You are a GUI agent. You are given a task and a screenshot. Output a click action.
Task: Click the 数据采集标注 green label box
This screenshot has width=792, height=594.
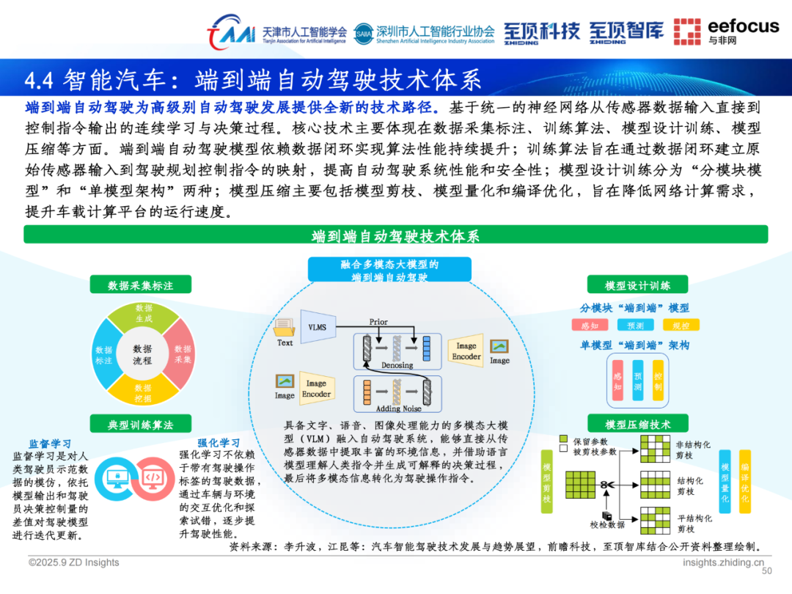(140, 285)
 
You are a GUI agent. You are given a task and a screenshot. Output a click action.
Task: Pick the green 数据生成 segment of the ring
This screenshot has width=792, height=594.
(144, 313)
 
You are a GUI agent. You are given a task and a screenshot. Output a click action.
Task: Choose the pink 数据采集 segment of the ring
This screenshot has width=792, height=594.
(183, 354)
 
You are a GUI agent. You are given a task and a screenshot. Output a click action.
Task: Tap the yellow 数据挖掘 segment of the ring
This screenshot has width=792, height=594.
(143, 393)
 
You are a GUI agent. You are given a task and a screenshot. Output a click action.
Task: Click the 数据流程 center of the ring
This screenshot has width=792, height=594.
(142, 355)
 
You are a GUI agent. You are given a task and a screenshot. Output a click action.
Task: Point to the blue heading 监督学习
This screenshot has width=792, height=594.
(50, 444)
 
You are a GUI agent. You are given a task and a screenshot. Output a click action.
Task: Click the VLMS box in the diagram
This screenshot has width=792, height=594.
(318, 327)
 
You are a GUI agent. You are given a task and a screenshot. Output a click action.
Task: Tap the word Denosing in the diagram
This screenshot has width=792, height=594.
(397, 365)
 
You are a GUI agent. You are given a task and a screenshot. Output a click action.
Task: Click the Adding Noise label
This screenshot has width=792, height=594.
(397, 408)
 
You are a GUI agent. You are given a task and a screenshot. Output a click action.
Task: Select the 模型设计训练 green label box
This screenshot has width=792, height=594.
(637, 285)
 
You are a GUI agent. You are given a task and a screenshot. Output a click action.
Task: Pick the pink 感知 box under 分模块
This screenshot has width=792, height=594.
(590, 326)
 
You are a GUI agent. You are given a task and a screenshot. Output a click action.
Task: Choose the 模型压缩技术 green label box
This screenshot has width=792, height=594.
(637, 424)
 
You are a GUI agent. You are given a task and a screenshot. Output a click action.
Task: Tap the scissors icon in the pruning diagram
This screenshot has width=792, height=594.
(606, 485)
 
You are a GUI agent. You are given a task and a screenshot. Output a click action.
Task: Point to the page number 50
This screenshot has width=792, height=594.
(767, 571)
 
